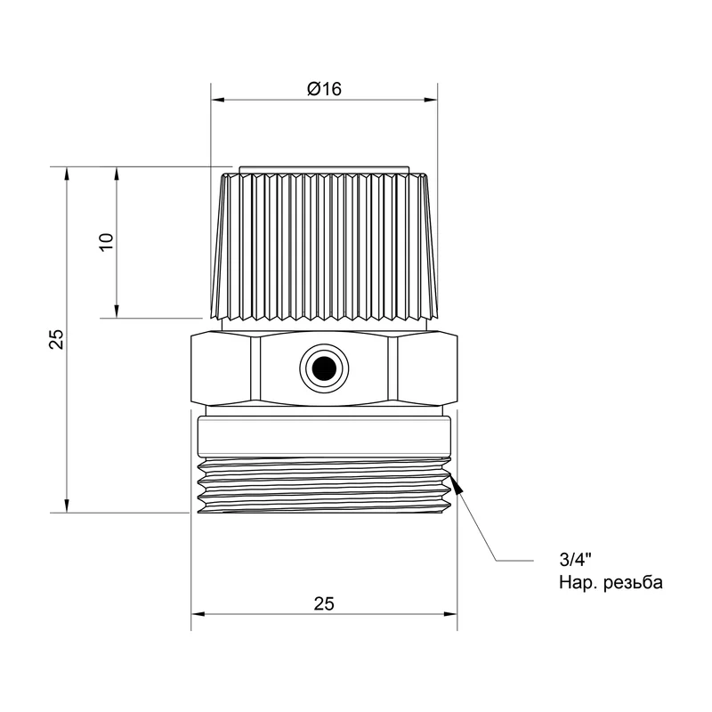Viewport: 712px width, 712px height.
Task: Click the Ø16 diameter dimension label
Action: pyautogui.click(x=324, y=88)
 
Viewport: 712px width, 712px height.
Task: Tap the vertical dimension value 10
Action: pyautogui.click(x=106, y=242)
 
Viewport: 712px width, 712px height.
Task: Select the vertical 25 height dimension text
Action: pyautogui.click(x=56, y=339)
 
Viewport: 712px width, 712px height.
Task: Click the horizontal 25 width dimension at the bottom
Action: pyautogui.click(x=324, y=603)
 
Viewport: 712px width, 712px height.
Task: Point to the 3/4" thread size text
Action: pyautogui.click(x=575, y=560)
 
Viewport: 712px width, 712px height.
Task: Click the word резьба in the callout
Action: pyautogui.click(x=633, y=583)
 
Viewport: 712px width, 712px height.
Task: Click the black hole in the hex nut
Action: pyautogui.click(x=324, y=368)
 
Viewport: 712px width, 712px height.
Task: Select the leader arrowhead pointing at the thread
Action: pyautogui.click(x=457, y=483)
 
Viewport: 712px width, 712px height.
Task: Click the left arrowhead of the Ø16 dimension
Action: pyautogui.click(x=218, y=100)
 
